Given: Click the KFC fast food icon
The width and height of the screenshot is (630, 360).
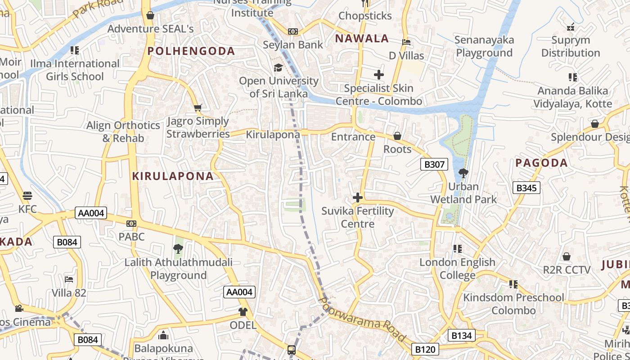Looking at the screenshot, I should pyautogui.click(x=27, y=196).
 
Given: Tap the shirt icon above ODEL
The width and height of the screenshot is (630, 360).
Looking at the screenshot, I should pyautogui.click(x=243, y=311).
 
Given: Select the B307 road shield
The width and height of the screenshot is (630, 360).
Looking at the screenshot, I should pyautogui.click(x=434, y=164).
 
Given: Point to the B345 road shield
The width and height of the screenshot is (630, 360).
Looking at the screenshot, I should pyautogui.click(x=526, y=188).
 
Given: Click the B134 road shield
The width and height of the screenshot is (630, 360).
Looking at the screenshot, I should pyautogui.click(x=462, y=335).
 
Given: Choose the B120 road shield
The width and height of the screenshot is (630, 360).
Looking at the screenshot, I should pyautogui.click(x=425, y=349).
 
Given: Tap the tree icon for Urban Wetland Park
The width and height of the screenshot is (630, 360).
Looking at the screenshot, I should pyautogui.click(x=463, y=173).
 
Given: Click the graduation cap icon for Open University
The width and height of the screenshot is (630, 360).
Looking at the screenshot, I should pyautogui.click(x=279, y=68).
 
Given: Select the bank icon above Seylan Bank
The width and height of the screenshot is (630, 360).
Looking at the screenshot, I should pyautogui.click(x=293, y=31).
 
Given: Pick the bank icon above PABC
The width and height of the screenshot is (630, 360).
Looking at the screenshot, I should pyautogui.click(x=131, y=223).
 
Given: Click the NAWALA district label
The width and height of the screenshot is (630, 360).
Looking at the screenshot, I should pyautogui.click(x=362, y=39).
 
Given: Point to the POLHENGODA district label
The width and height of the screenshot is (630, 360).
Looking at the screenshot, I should pyautogui.click(x=191, y=51).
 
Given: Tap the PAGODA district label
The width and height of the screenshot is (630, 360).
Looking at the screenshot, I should pyautogui.click(x=541, y=163).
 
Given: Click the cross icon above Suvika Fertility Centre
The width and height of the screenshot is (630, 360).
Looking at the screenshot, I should pyautogui.click(x=358, y=198).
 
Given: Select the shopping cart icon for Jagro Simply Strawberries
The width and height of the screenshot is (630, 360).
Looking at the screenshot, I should pyautogui.click(x=198, y=108).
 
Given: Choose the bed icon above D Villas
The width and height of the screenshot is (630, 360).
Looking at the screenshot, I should pyautogui.click(x=406, y=42).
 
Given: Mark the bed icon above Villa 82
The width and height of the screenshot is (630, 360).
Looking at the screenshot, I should pyautogui.click(x=69, y=279).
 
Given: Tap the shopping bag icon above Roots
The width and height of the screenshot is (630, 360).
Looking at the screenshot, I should pyautogui.click(x=397, y=136).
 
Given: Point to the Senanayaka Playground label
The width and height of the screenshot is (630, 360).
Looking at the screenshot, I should pyautogui.click(x=484, y=46).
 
